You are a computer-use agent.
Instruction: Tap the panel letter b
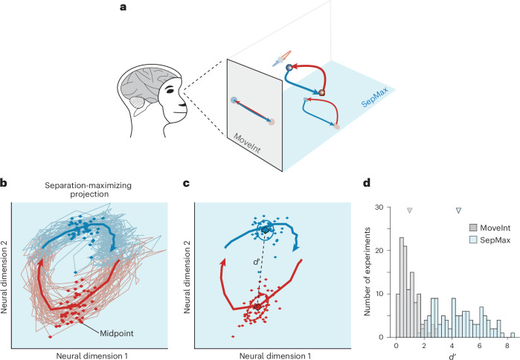tap(5, 182)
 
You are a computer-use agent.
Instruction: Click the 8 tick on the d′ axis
tap(507, 344)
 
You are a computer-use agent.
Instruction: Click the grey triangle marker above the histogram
tap(409, 211)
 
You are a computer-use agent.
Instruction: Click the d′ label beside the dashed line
tap(254, 261)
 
